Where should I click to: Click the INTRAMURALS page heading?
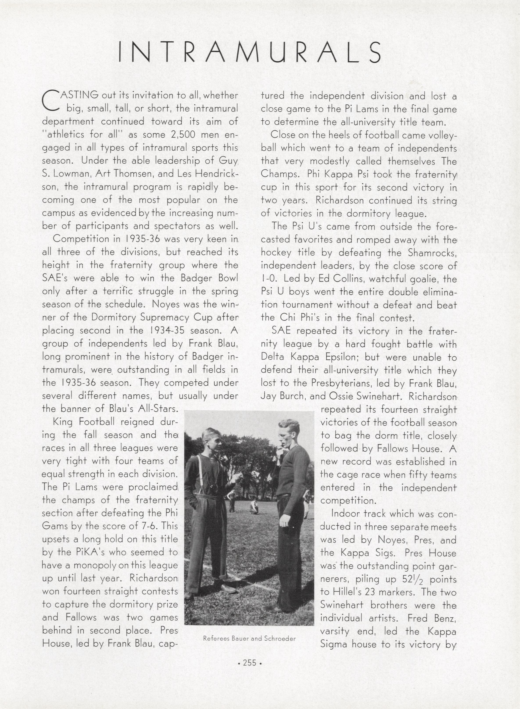tap(250, 52)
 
